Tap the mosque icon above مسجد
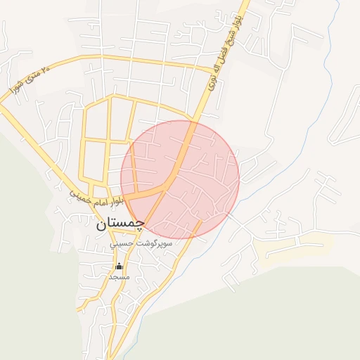tap(119, 266)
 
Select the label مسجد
tap(119, 277)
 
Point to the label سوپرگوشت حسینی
tap(141, 243)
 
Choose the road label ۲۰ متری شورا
tap(31, 79)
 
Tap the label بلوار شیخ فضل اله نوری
tap(223, 52)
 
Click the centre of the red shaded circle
tap(180, 179)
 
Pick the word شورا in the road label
tap(18, 88)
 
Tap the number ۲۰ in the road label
tap(46, 70)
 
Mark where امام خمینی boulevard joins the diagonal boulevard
tap(167, 185)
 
